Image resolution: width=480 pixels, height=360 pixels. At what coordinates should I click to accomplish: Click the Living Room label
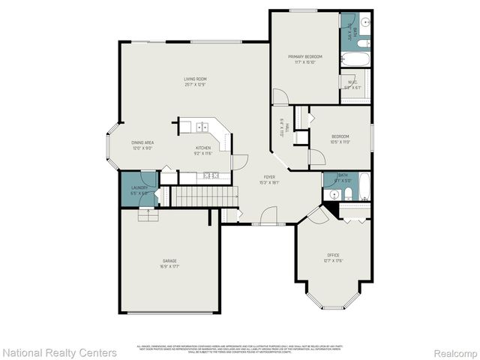coord(196,79)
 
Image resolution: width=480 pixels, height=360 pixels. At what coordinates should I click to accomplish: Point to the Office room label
coord(333,256)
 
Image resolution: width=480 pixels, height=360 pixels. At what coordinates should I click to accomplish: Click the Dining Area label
coord(142,142)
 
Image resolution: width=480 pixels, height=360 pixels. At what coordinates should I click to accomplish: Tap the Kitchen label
coord(203,148)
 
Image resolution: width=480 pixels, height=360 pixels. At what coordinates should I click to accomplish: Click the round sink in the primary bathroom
coord(363,22)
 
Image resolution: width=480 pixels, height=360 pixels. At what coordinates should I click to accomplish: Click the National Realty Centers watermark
coord(59,352)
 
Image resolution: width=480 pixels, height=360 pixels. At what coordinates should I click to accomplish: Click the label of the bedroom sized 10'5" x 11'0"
coord(340,136)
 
